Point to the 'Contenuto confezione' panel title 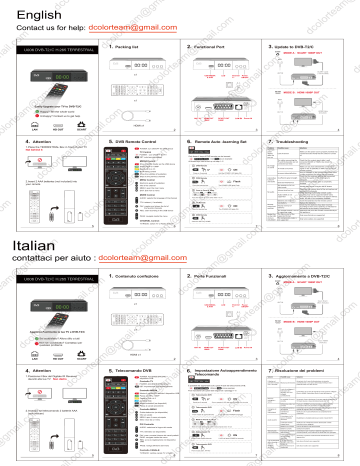(144, 275)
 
